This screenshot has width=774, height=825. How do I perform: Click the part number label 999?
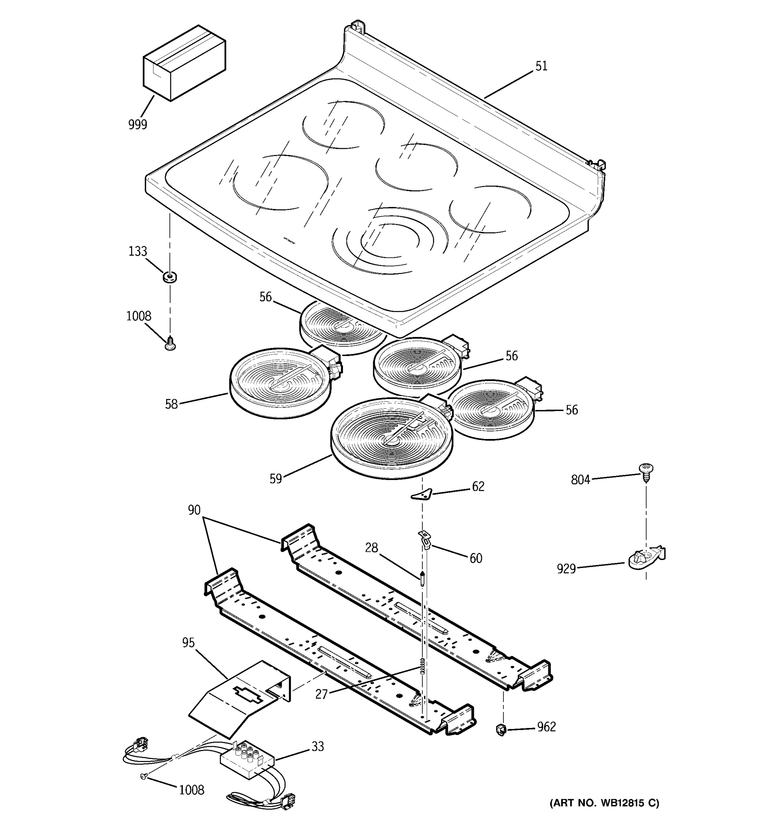[138, 124]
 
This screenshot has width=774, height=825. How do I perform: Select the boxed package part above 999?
[184, 63]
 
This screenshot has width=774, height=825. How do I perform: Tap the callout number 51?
[541, 66]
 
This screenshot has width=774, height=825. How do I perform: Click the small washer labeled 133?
[169, 276]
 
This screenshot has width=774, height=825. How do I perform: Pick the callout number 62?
[478, 486]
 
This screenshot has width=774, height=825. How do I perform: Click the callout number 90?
[194, 510]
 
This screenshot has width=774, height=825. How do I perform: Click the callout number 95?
[188, 643]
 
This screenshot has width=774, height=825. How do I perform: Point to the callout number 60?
[476, 559]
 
